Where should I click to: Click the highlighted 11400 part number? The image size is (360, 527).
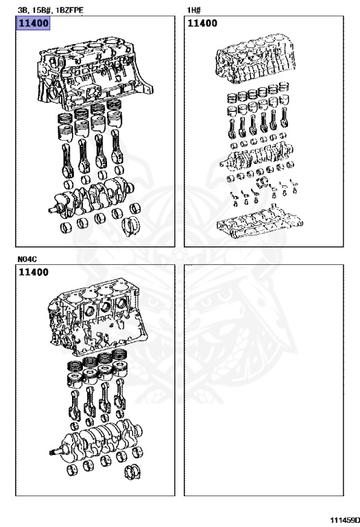33,23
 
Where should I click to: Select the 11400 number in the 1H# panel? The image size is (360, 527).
202,23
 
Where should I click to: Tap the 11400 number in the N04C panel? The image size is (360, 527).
34,272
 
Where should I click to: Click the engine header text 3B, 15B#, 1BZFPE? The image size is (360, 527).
50,10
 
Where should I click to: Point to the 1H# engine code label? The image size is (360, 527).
194,10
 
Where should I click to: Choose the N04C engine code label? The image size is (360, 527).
27,259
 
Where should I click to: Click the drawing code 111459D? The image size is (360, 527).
344,520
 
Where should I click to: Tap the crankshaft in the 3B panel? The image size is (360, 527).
91,198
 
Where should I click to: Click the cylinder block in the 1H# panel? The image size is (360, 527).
256,57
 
